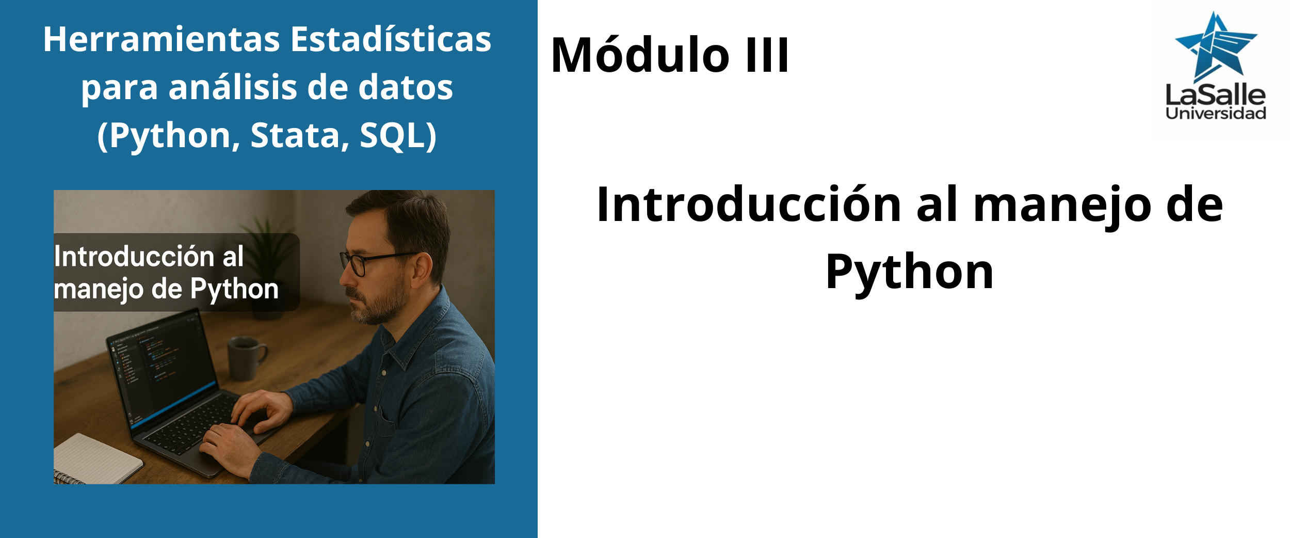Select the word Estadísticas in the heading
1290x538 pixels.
click(391, 39)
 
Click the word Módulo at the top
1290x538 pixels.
click(640, 55)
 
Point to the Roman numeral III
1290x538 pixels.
click(767, 55)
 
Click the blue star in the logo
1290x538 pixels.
click(1216, 46)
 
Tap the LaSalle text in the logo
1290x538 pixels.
click(1216, 95)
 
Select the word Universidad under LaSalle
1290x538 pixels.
click(1216, 114)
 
